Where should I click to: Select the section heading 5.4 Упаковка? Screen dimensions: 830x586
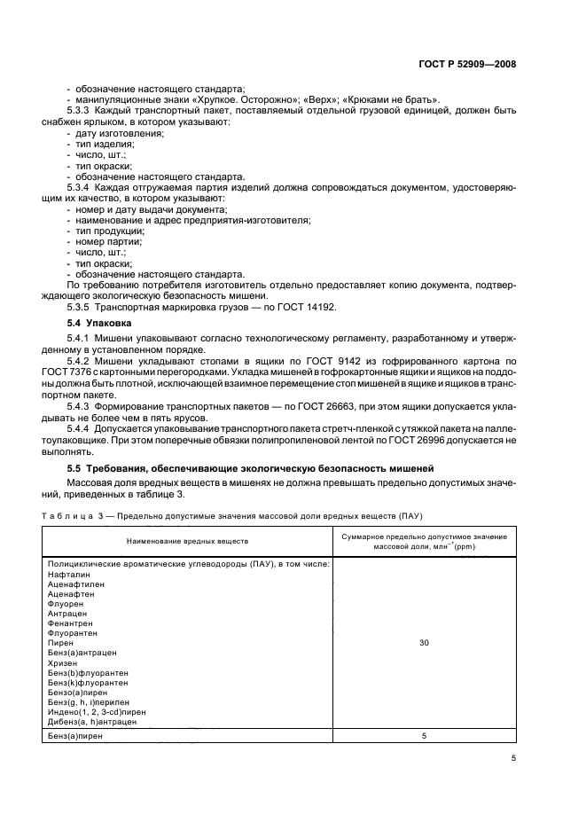point(95,324)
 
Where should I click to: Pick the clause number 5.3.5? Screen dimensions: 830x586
point(82,307)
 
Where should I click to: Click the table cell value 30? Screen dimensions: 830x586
point(423,642)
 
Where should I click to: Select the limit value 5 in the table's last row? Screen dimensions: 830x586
point(423,735)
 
